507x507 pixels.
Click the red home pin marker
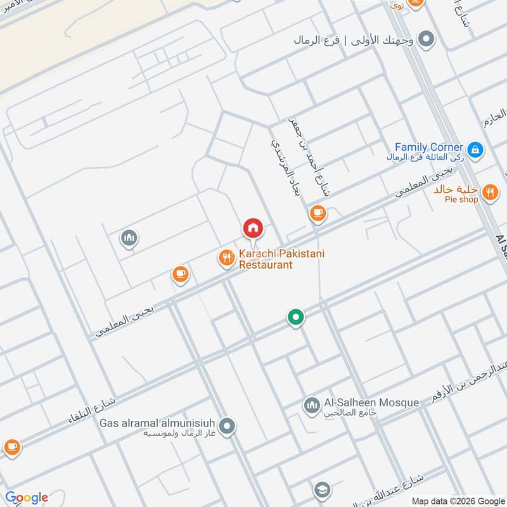(x=252, y=228)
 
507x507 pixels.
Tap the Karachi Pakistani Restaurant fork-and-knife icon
(x=226, y=257)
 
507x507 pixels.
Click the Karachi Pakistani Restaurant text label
(x=281, y=259)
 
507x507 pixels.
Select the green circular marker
(x=295, y=317)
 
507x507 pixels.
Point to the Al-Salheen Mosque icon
(x=311, y=406)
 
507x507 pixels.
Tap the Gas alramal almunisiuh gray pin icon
(x=228, y=427)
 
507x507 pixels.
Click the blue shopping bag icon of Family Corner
(x=476, y=150)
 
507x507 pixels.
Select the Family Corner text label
(x=428, y=147)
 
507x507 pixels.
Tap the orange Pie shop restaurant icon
(x=489, y=192)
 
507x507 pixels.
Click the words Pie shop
(x=461, y=200)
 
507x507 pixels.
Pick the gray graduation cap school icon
(x=322, y=490)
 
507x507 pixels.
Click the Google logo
(x=27, y=497)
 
